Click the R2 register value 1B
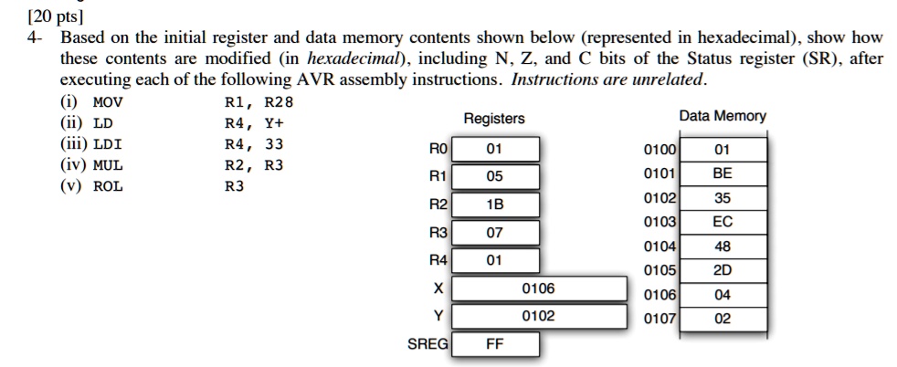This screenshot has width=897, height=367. (494, 204)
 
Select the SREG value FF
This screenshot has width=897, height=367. (494, 344)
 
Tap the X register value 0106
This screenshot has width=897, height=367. (538, 288)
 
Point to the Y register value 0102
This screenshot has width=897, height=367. (538, 317)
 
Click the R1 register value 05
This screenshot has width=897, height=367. (494, 176)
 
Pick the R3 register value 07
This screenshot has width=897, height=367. (494, 233)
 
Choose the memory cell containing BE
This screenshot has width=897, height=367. (723, 173)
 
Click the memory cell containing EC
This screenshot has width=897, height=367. (723, 222)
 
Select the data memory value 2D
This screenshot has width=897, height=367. (723, 270)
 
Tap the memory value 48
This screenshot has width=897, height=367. (723, 246)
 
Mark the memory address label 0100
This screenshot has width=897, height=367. (660, 149)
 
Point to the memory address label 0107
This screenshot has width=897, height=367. (660, 320)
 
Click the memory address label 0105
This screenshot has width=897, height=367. (660, 270)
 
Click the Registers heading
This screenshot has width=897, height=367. (494, 120)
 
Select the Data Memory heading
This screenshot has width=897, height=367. (723, 117)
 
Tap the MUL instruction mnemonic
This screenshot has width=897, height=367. (108, 166)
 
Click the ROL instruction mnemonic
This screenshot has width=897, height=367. (108, 187)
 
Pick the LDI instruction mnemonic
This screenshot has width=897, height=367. (108, 144)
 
